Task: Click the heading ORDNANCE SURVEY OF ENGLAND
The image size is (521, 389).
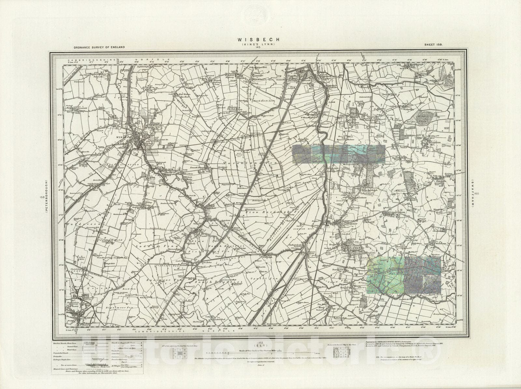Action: point(99,47)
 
